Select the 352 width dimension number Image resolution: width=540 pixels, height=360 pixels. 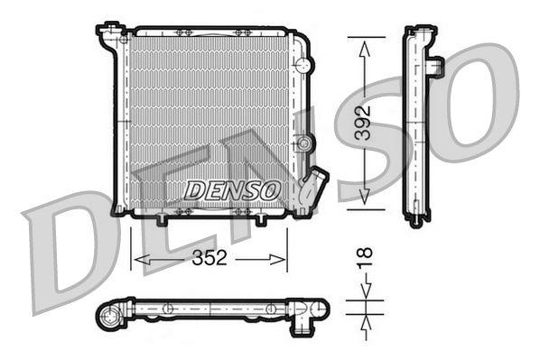[209, 259]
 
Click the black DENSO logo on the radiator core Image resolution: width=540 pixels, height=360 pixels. [232, 189]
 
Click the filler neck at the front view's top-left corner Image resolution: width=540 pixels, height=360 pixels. [109, 36]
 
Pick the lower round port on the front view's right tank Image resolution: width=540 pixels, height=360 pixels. [305, 143]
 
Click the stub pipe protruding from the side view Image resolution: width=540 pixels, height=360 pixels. [435, 66]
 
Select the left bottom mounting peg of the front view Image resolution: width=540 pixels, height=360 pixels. [163, 219]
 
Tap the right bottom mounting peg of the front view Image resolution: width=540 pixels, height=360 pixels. [261, 220]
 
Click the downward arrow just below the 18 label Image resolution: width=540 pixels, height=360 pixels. [364, 290]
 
